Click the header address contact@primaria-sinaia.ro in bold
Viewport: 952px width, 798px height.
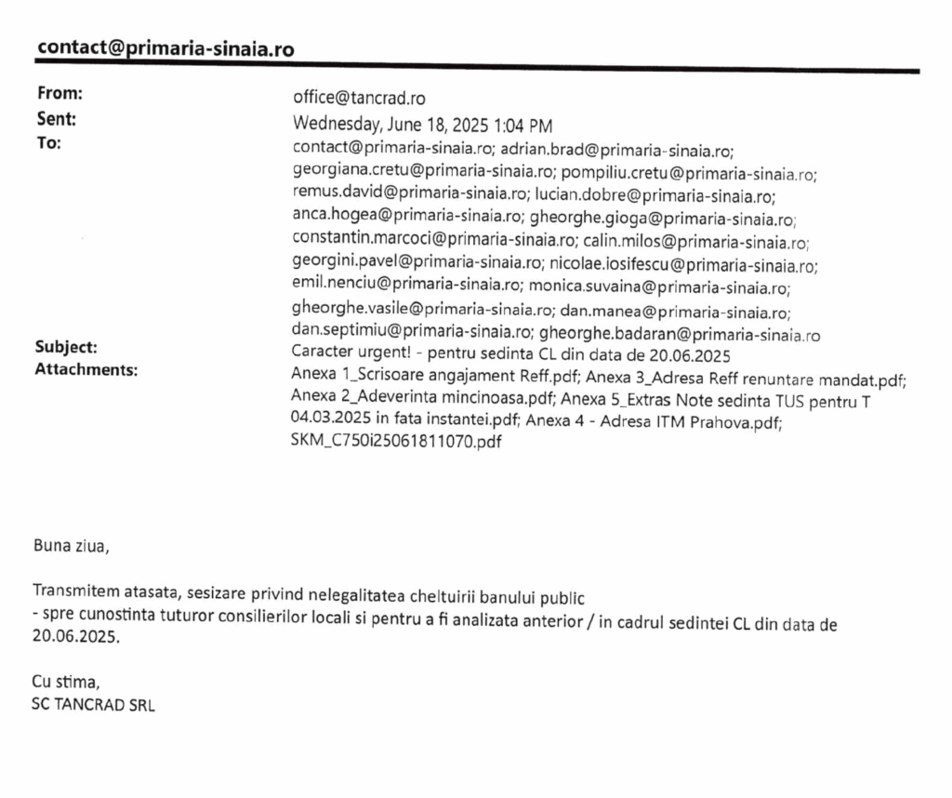click(x=165, y=48)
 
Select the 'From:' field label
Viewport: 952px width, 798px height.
click(x=59, y=93)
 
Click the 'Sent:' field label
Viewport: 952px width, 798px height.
click(x=57, y=118)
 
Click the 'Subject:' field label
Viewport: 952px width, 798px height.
click(x=66, y=347)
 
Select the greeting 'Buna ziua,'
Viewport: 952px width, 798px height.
click(x=71, y=545)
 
